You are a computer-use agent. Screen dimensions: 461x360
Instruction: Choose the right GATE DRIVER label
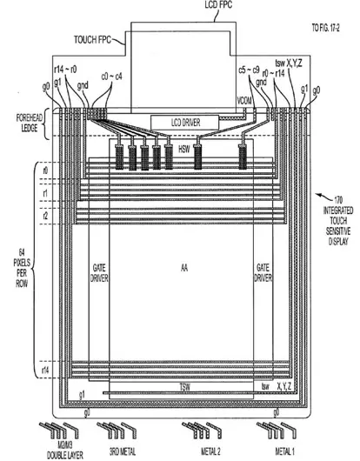pos(261,273)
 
